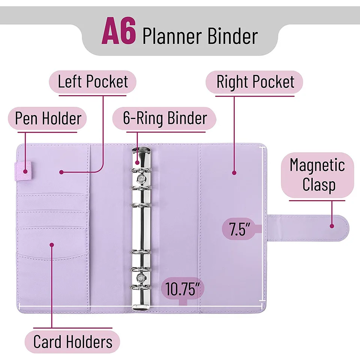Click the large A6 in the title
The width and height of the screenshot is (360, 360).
pyautogui.click(x=119, y=31)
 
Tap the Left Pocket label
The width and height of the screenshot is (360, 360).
pyautogui.click(x=93, y=81)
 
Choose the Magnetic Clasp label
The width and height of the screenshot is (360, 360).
pyautogui.click(x=318, y=175)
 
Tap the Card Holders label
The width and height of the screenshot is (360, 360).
pyautogui.click(x=72, y=342)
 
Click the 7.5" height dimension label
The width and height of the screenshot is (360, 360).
pyautogui.click(x=239, y=229)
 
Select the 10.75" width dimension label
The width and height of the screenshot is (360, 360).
pyautogui.click(x=183, y=289)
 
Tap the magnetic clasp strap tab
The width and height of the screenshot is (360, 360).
pyautogui.click(x=307, y=228)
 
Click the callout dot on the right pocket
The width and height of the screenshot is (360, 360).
pyautogui.click(x=234, y=173)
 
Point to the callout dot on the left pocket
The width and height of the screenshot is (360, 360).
pyautogui.click(x=61, y=172)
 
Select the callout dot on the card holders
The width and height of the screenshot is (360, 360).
pyautogui.click(x=52, y=245)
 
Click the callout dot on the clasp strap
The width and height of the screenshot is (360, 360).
pyautogui.click(x=332, y=226)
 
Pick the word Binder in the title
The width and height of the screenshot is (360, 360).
pyautogui.click(x=232, y=36)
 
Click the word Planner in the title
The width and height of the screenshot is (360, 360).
pyautogui.click(x=172, y=36)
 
